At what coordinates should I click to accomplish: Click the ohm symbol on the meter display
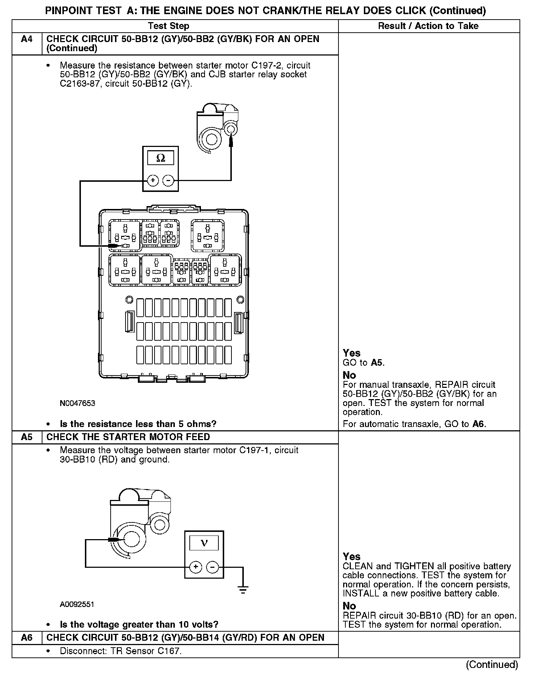click(160, 158)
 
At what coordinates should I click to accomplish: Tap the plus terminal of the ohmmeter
click(153, 180)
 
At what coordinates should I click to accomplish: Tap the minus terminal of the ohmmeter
click(168, 180)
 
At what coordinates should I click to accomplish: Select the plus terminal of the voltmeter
click(196, 567)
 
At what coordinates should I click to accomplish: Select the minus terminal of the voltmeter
click(213, 567)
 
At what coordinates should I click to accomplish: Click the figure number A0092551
click(77, 604)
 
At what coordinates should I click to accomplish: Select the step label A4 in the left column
click(27, 39)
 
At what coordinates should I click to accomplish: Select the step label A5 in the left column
click(27, 437)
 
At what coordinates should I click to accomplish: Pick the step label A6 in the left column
click(27, 637)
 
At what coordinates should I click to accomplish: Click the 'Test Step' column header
click(169, 26)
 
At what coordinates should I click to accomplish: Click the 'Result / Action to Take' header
click(428, 26)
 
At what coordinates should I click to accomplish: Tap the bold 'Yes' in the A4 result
click(352, 353)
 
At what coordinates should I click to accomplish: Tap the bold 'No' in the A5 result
click(349, 606)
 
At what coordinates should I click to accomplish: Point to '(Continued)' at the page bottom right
click(492, 664)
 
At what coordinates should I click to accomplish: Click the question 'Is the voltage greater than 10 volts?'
click(139, 624)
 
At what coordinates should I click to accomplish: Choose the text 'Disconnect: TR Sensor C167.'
click(120, 651)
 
